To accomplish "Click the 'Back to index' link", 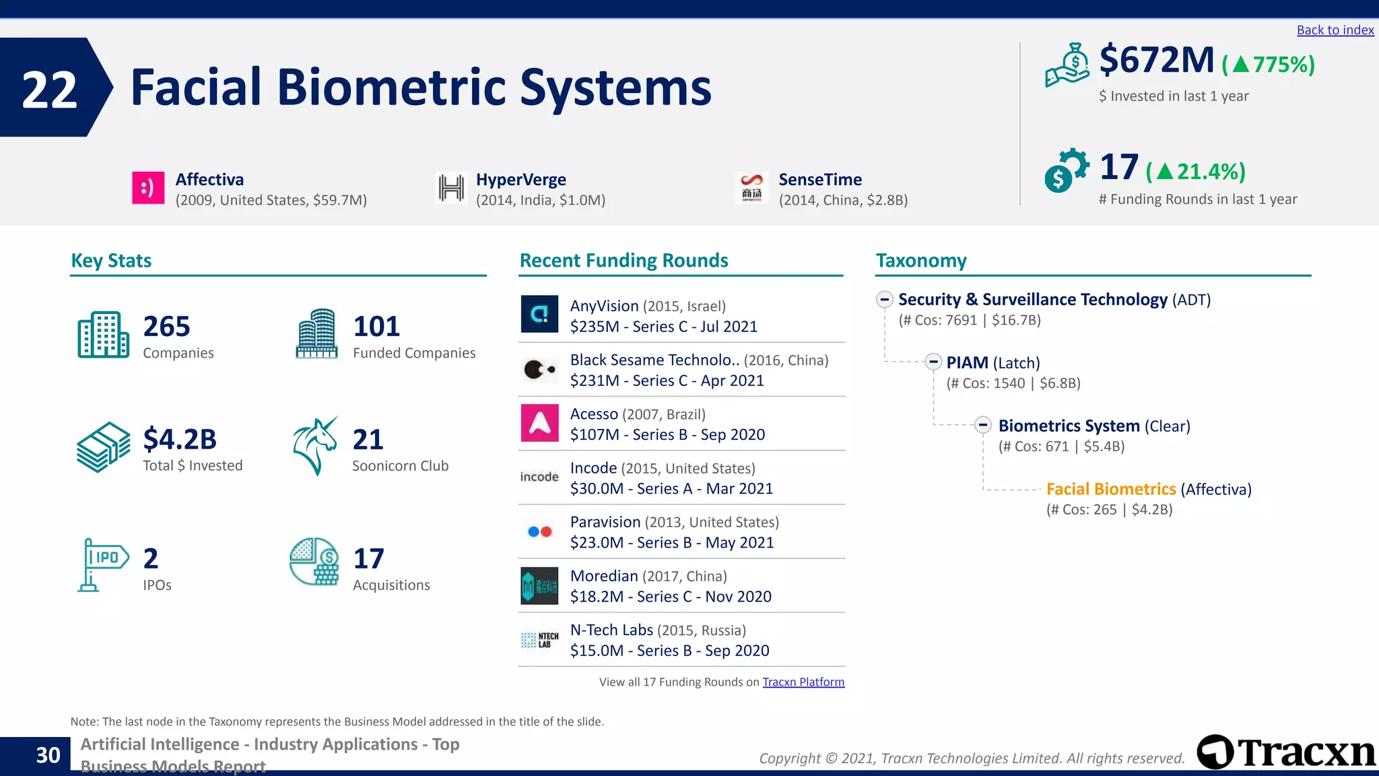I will pyautogui.click(x=1335, y=30).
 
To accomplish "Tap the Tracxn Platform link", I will pyautogui.click(x=803, y=682).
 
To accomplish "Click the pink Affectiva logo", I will pyautogui.click(x=148, y=187).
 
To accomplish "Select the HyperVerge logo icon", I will pyautogui.click(x=451, y=187).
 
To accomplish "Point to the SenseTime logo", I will pyautogui.click(x=751, y=187).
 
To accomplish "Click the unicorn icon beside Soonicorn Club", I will pyautogui.click(x=315, y=446).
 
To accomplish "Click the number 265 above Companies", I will pyautogui.click(x=166, y=327).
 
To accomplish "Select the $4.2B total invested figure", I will pyautogui.click(x=180, y=439).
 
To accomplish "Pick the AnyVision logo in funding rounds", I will pyautogui.click(x=539, y=314).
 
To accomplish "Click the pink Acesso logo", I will pyautogui.click(x=539, y=422).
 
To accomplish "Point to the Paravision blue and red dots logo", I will pyautogui.click(x=539, y=531).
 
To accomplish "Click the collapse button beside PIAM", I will pyautogui.click(x=933, y=362).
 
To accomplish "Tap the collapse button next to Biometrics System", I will pyautogui.click(x=983, y=425).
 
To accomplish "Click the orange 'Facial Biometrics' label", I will pyautogui.click(x=1111, y=489).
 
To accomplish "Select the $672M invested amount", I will pyautogui.click(x=1156, y=60).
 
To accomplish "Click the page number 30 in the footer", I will pyautogui.click(x=48, y=755).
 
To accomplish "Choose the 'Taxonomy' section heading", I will pyautogui.click(x=920, y=261).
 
